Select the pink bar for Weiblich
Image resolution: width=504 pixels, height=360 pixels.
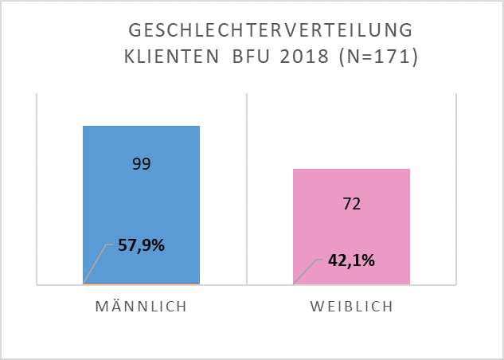351,239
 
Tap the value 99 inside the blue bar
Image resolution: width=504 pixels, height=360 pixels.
141,164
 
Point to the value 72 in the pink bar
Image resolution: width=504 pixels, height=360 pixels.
352,204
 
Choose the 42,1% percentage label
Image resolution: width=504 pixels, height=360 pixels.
350,260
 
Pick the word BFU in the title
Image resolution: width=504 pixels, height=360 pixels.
253,57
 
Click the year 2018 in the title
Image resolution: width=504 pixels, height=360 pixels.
305,57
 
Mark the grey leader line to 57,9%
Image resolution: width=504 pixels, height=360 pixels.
96,263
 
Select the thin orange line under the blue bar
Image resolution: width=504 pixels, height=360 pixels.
141,284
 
